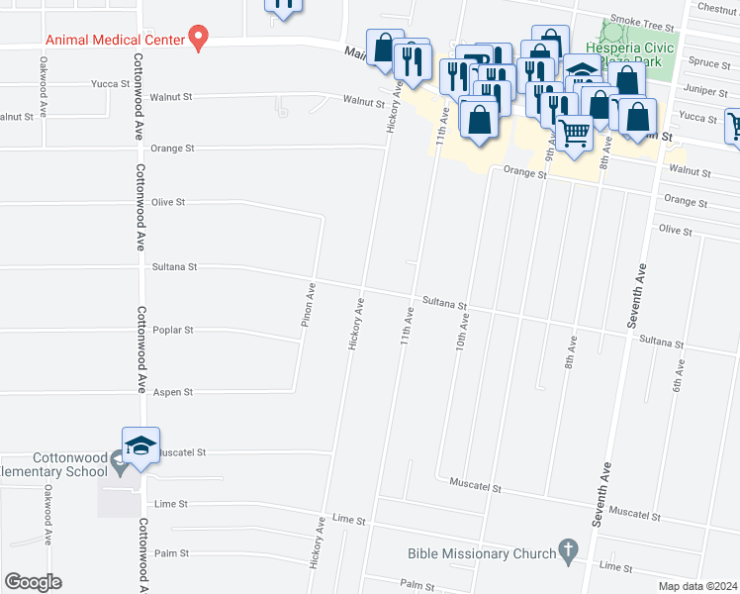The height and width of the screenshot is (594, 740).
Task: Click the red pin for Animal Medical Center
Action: pos(198,39)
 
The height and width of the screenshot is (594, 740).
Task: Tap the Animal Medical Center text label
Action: pos(114,40)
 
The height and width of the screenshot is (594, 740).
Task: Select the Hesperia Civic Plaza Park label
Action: pos(630,54)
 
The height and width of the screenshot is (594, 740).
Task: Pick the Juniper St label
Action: pos(703,90)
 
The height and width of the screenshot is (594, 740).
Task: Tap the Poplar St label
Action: pos(173,330)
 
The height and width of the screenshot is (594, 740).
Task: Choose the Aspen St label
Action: pos(173,392)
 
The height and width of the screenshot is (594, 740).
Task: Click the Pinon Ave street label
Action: pos(310,304)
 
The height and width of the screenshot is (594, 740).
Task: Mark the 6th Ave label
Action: pos(680,373)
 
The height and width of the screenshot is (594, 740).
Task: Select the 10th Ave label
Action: pos(461,331)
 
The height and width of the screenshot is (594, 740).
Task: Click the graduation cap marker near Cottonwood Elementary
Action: pos(140,445)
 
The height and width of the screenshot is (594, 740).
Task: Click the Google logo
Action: pos(33,582)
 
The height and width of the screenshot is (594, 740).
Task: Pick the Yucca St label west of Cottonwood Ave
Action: pos(110,84)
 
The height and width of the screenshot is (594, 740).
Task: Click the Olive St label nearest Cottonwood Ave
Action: pos(168,202)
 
